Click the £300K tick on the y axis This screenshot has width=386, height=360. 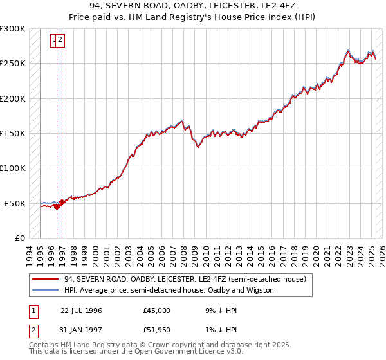[13, 29]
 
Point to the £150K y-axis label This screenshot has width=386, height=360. [13, 134]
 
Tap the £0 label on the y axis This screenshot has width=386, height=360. [20, 238]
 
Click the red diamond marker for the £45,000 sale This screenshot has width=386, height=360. [57, 207]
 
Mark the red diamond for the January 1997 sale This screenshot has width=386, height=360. [62, 202]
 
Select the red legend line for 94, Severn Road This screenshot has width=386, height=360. [45, 280]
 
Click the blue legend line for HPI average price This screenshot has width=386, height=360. [45, 290]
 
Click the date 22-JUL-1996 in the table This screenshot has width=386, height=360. [81, 310]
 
